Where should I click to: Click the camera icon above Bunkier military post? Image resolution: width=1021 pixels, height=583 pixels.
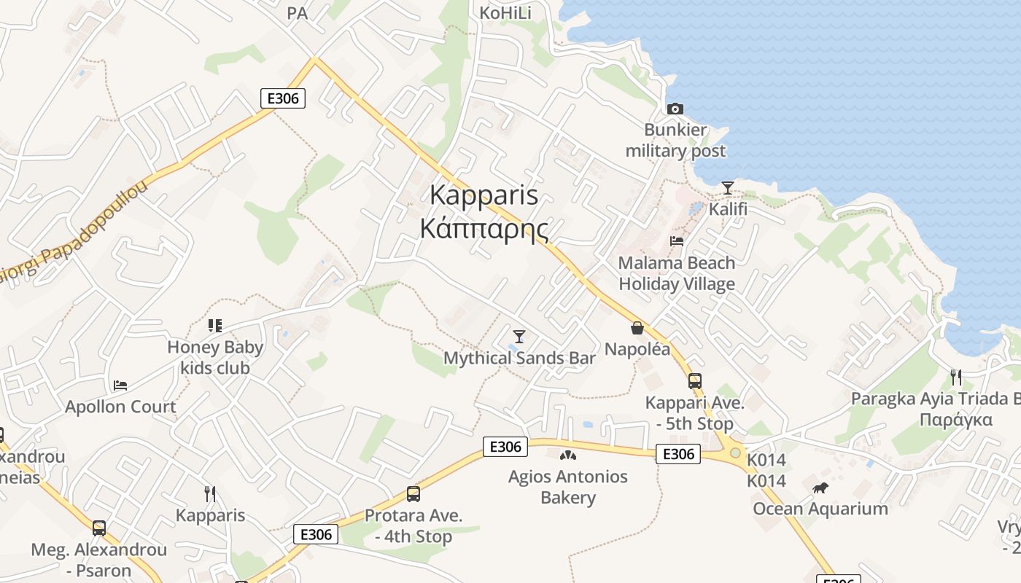(x=675, y=109)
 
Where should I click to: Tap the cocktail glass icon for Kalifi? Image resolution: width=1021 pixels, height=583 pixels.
(x=727, y=188)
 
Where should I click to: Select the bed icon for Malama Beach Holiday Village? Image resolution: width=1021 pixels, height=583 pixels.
(x=677, y=241)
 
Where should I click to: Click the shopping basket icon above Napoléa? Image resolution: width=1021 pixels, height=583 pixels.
(x=637, y=328)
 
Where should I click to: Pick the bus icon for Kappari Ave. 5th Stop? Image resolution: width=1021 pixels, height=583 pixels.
(x=695, y=381)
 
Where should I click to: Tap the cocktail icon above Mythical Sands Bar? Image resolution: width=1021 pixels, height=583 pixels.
(x=519, y=336)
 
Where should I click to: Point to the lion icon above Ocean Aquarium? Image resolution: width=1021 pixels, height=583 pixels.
(x=820, y=488)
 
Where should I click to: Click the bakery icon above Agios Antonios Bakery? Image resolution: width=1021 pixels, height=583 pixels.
(x=568, y=455)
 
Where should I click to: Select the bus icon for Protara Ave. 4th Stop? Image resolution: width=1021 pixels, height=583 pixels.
(x=414, y=494)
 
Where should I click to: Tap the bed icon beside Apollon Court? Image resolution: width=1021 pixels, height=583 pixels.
(x=120, y=385)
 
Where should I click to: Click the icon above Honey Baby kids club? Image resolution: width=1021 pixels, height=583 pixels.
(x=214, y=325)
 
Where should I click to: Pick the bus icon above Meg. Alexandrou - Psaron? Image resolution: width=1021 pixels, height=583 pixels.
(x=99, y=528)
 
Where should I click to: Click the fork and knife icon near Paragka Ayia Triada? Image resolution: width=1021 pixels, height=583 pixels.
(x=955, y=377)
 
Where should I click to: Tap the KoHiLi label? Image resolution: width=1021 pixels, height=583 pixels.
(x=505, y=13)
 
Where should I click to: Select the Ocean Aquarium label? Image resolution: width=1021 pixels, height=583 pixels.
(x=820, y=509)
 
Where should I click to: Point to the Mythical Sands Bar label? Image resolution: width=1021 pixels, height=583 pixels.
(x=519, y=358)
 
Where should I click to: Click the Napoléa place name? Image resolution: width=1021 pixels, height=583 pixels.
(x=637, y=349)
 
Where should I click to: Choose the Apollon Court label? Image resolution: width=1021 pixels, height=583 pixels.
(x=120, y=407)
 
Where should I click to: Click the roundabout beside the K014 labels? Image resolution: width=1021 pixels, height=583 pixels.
(x=735, y=453)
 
